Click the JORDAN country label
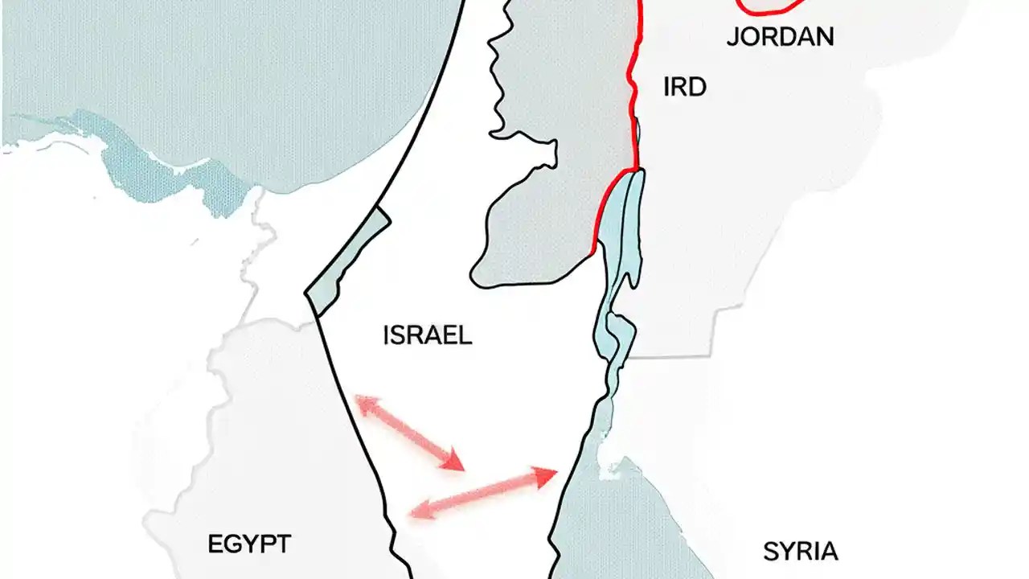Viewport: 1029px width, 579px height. pos(780,37)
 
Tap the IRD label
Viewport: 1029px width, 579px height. pos(685,88)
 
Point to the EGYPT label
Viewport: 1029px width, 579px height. pos(249,544)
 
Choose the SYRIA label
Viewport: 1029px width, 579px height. pos(800,552)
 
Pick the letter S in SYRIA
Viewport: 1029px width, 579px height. pos(769,552)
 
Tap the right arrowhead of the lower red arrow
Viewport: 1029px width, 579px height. pos(548,475)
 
